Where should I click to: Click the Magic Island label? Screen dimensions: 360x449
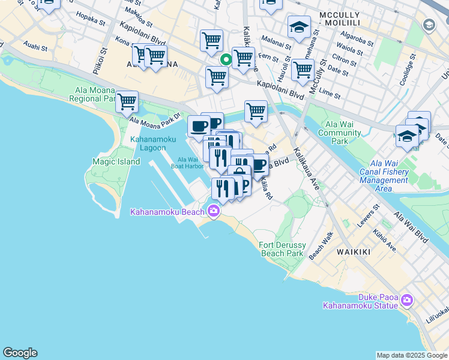click(116, 161)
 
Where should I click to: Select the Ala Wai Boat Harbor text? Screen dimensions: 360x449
click(187, 163)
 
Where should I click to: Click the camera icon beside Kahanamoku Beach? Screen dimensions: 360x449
click(213, 210)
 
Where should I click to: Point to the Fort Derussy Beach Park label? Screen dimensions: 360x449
click(282, 249)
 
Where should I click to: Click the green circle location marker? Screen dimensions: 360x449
click(226, 59)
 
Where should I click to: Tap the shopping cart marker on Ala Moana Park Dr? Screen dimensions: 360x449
click(127, 102)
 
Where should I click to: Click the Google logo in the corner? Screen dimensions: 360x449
click(20, 353)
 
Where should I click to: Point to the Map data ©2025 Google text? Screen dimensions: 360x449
click(412, 355)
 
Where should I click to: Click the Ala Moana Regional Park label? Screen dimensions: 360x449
click(95, 94)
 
